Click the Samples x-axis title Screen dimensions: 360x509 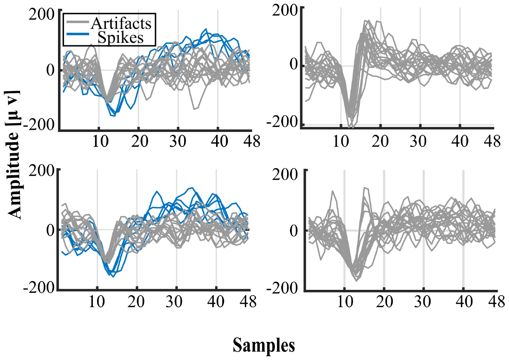click(x=264, y=345)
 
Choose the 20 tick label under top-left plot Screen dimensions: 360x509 click(x=138, y=141)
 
